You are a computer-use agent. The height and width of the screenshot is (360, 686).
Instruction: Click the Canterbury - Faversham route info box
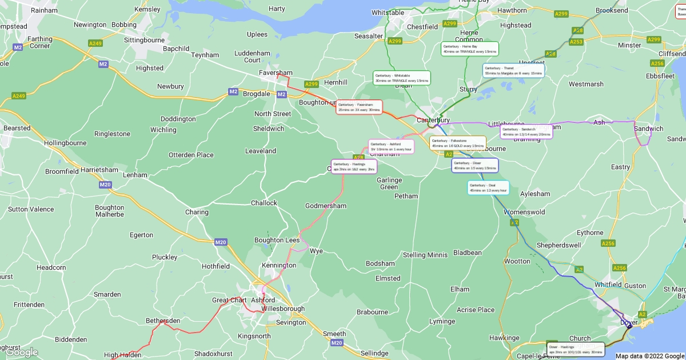359,107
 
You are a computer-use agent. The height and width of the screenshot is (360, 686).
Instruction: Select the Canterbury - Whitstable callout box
402,78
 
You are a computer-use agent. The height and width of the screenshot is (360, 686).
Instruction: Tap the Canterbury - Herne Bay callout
470,49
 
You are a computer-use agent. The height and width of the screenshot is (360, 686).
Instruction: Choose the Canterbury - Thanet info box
513,70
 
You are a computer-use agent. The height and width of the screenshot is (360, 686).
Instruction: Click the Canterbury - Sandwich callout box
527,131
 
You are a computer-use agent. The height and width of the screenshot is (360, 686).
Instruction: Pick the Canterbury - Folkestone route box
458,143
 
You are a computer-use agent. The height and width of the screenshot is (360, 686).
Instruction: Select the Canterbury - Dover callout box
475,165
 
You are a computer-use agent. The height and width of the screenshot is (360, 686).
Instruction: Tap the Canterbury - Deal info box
488,187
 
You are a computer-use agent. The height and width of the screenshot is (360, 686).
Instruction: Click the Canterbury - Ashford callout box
391,146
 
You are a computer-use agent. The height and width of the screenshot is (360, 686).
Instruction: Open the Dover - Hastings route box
575,349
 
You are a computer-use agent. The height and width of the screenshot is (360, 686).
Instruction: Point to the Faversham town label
276,73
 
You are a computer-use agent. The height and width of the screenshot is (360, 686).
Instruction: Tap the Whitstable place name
388,13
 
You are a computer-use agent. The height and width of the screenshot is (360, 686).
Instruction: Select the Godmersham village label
326,206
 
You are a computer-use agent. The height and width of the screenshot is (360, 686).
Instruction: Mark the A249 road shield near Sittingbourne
95,43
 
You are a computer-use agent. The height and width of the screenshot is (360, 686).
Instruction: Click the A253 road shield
576,42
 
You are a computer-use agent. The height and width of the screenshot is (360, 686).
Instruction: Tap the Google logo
22,353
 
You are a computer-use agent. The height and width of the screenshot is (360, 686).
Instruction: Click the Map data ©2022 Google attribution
649,356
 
